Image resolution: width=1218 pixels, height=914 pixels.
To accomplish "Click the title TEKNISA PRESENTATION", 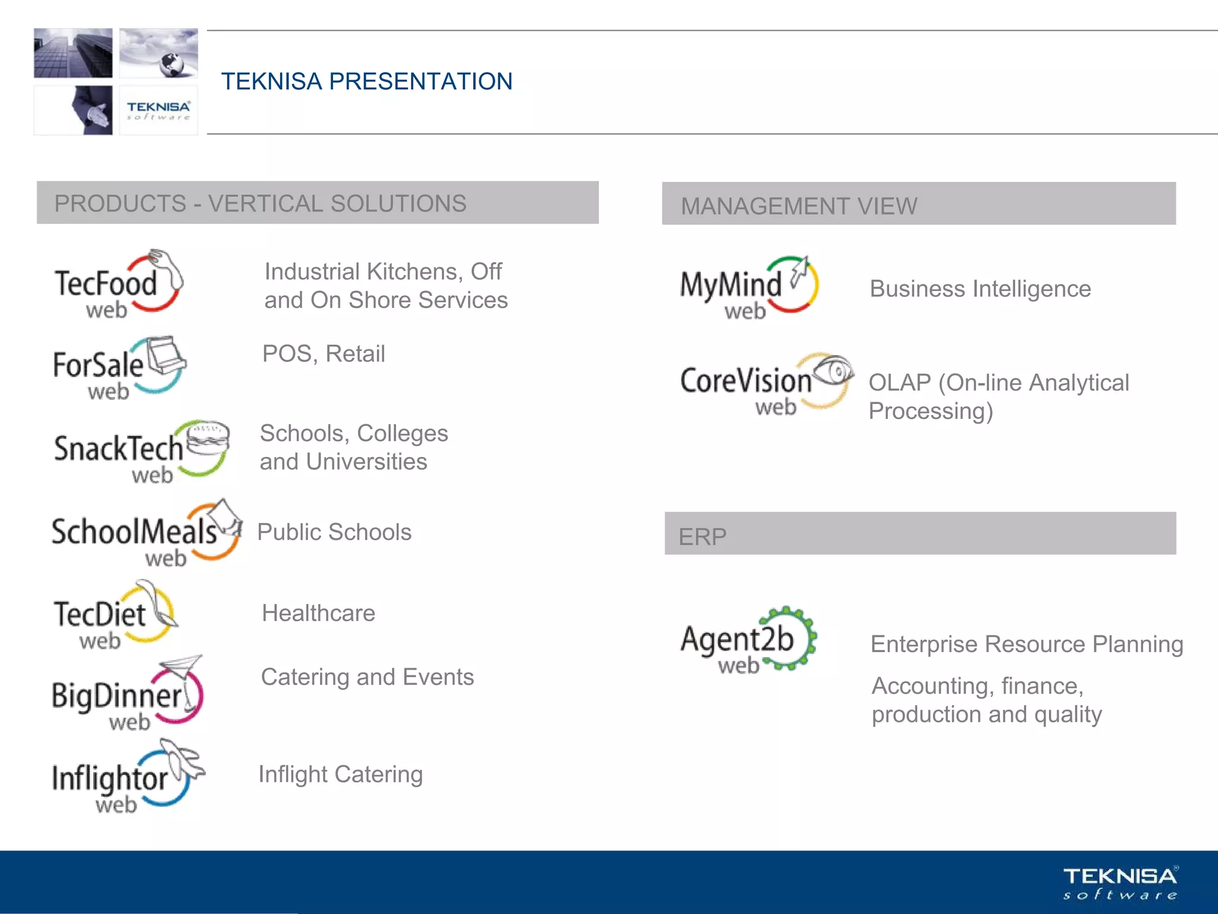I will click(x=366, y=82).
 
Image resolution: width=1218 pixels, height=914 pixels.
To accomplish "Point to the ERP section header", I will click(x=702, y=536).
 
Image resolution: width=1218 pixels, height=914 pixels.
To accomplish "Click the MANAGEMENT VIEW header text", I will click(x=799, y=206).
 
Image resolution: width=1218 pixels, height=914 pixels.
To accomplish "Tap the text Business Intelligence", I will click(x=980, y=289).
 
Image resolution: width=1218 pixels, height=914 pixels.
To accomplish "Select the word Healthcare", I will click(x=318, y=613).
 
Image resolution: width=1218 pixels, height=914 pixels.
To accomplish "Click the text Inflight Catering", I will click(x=340, y=774).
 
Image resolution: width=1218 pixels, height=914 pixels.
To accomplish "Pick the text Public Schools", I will click(x=334, y=532).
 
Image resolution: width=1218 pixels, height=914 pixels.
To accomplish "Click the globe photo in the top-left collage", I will click(x=159, y=53).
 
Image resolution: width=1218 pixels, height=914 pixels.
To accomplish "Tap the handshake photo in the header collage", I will click(x=74, y=110).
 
